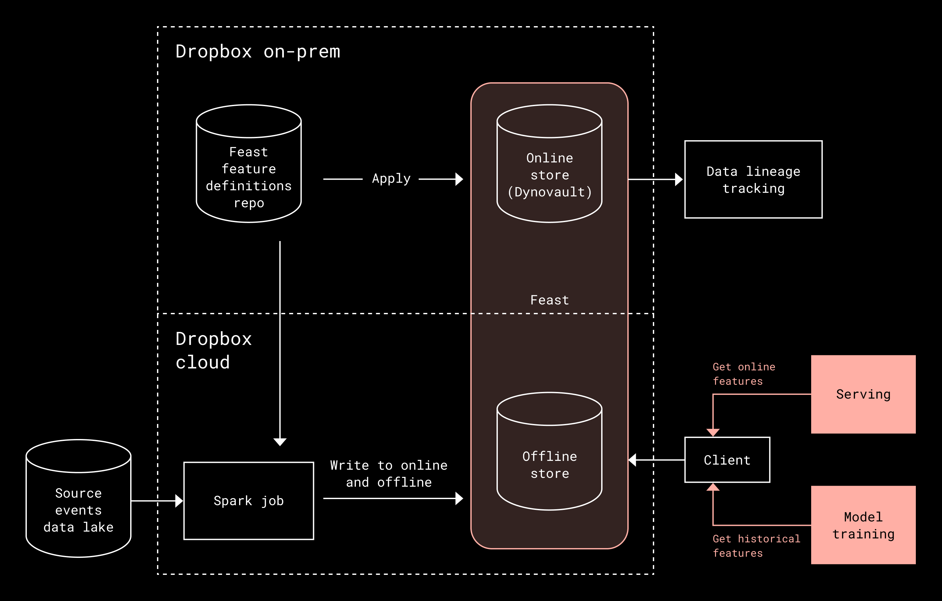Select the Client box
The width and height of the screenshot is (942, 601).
pos(727,460)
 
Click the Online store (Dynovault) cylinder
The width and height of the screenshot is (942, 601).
pos(549,172)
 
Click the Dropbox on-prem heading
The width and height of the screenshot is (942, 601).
pos(257,52)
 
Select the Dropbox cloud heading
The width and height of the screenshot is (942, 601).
pos(213,350)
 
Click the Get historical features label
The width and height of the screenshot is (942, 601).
pos(756,545)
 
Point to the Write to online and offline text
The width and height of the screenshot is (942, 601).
pos(389,473)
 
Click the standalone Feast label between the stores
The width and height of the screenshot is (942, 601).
pos(549,300)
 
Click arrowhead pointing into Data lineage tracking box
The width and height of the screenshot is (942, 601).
pos(679,179)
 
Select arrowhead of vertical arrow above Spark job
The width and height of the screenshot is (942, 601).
pos(280,442)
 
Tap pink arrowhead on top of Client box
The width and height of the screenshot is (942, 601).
pos(713,432)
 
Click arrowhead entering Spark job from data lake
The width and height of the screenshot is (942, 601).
pos(179,501)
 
